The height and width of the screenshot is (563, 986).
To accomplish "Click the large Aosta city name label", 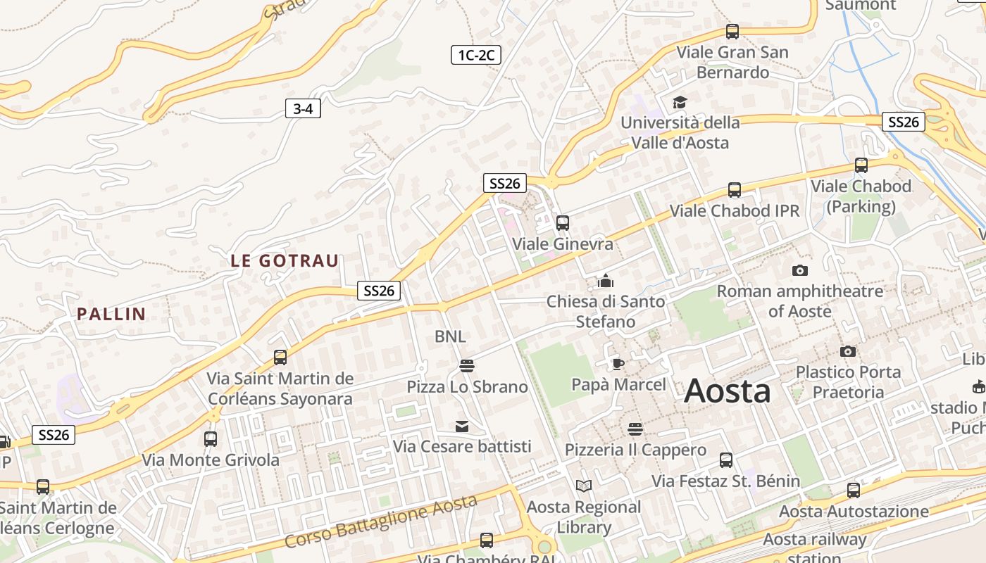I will pyautogui.click(x=727, y=391).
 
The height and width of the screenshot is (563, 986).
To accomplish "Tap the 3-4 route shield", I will pyautogui.click(x=303, y=108).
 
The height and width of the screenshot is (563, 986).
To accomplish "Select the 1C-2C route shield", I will pyautogui.click(x=475, y=55).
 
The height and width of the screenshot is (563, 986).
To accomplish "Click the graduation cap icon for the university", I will pyautogui.click(x=680, y=103).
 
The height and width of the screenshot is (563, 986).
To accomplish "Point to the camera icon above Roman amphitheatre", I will pyautogui.click(x=799, y=270).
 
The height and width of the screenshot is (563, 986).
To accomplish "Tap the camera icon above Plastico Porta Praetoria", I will pyautogui.click(x=848, y=351).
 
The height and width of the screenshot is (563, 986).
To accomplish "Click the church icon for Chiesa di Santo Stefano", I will pyautogui.click(x=605, y=281).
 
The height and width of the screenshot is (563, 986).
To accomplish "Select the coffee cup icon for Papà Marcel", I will pyautogui.click(x=618, y=364).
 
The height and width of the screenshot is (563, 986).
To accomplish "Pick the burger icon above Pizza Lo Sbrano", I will pyautogui.click(x=466, y=365).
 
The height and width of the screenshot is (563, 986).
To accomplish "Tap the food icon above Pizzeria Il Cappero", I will pyautogui.click(x=635, y=429).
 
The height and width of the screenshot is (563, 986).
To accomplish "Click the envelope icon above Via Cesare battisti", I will pyautogui.click(x=462, y=426).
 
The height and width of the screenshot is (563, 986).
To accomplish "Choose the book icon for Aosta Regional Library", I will pyautogui.click(x=584, y=486).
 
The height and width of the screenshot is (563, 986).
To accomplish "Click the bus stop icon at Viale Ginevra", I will pyautogui.click(x=562, y=223).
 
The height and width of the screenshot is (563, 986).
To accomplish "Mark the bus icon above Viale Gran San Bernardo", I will pyautogui.click(x=732, y=32).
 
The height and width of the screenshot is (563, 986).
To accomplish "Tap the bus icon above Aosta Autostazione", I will pyautogui.click(x=854, y=491).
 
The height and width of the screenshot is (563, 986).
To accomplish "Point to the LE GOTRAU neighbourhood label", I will pyautogui.click(x=285, y=260).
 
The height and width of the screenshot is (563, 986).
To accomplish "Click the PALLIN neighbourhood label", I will pyautogui.click(x=111, y=314).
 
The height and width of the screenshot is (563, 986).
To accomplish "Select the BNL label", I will pyautogui.click(x=450, y=336).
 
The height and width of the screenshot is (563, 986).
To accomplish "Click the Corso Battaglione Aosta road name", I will pyautogui.click(x=381, y=521).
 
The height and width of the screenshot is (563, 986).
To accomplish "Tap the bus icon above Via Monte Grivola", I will pyautogui.click(x=210, y=439).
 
